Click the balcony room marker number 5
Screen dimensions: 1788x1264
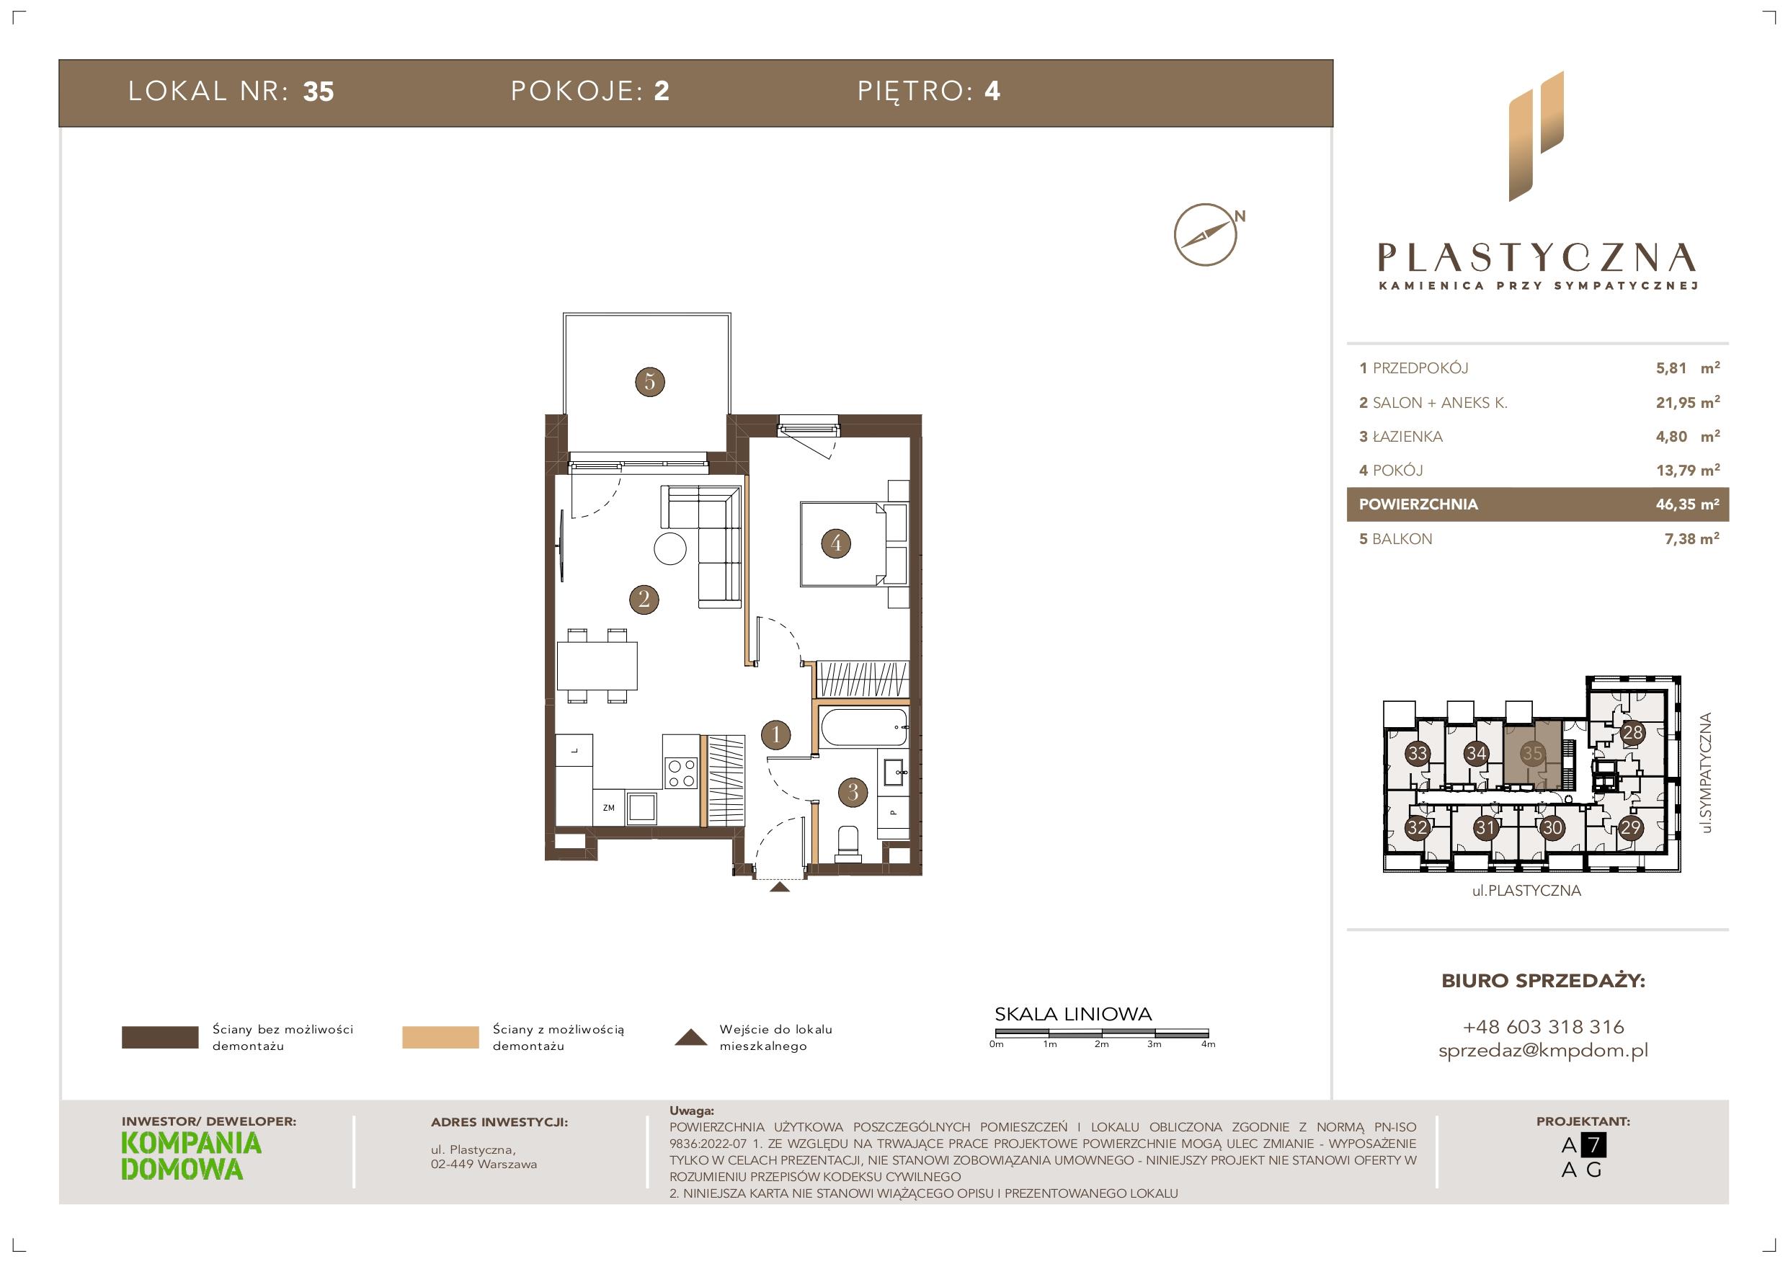tap(649, 382)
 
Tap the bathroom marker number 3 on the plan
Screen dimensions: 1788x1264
tap(853, 792)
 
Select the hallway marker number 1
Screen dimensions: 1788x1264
tap(775, 734)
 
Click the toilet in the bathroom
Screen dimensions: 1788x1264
tap(847, 843)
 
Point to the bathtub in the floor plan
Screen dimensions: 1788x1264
tap(863, 726)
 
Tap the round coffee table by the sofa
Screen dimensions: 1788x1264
tap(670, 548)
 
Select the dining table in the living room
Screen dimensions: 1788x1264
tap(597, 666)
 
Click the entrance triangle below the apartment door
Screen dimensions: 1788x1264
tap(779, 886)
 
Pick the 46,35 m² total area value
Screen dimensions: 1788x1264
tap(1688, 504)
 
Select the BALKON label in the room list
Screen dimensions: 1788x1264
tap(1402, 539)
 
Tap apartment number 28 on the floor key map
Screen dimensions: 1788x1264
tap(1632, 732)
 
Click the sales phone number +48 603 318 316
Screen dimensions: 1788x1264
tap(1544, 1026)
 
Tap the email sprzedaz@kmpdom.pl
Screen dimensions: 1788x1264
tap(1544, 1051)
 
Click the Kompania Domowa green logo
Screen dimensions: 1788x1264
tap(192, 1156)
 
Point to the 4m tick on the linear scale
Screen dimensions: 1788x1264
tap(1208, 1033)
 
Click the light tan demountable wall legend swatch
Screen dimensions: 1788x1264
tap(440, 1038)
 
